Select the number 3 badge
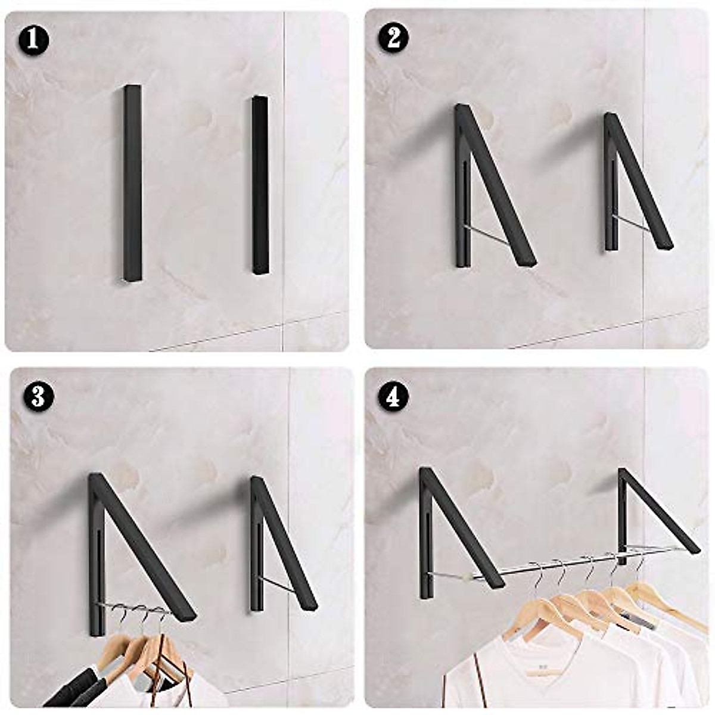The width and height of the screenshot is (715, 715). (x=38, y=396)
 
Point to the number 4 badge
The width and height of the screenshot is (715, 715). (x=393, y=396)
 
